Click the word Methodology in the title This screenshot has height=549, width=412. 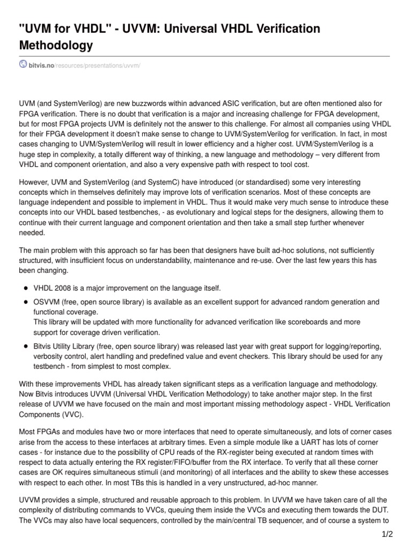point(56,46)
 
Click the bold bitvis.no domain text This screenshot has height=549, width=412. point(41,65)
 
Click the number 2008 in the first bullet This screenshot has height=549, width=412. point(63,288)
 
